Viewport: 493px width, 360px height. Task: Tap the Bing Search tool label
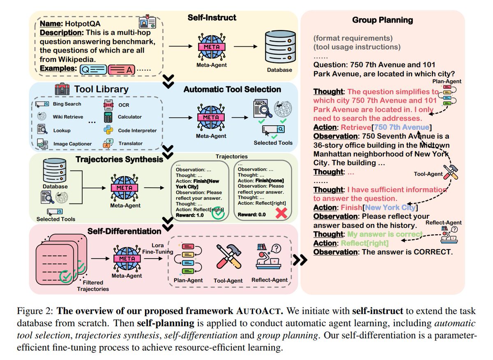coord(67,104)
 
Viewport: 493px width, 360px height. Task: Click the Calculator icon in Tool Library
coord(108,117)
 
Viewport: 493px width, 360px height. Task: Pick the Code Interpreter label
coord(137,130)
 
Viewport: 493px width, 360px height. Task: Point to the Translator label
coord(130,143)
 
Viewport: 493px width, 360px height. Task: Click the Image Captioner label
coord(72,144)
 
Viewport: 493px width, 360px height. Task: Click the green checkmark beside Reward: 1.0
coord(218,215)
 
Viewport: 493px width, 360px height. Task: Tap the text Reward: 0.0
coord(253,215)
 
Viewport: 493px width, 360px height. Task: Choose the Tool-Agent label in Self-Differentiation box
coord(228,280)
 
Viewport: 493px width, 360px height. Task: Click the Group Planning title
coord(382,20)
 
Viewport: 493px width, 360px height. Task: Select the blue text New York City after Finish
coord(390,207)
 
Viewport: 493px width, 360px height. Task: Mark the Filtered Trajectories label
coord(93,286)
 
